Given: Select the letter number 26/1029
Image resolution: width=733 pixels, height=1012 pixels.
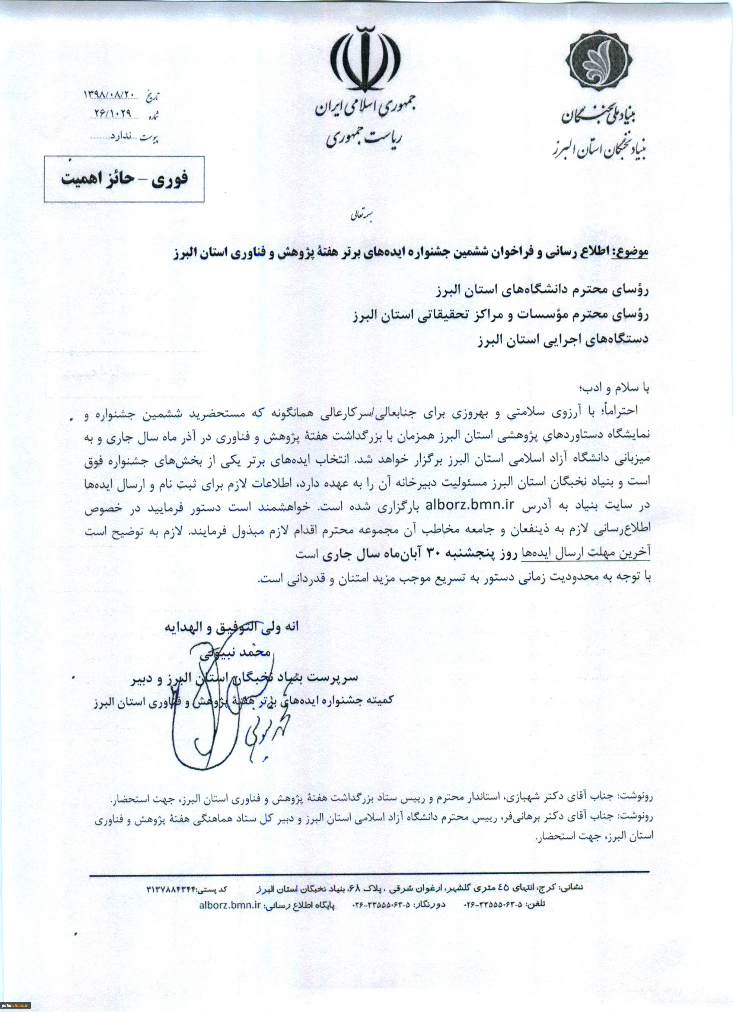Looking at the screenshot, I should [112, 114].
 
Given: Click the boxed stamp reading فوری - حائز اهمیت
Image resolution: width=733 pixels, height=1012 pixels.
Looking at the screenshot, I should [124, 179].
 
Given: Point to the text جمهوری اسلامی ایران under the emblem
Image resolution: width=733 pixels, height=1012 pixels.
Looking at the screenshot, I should [365, 107].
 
